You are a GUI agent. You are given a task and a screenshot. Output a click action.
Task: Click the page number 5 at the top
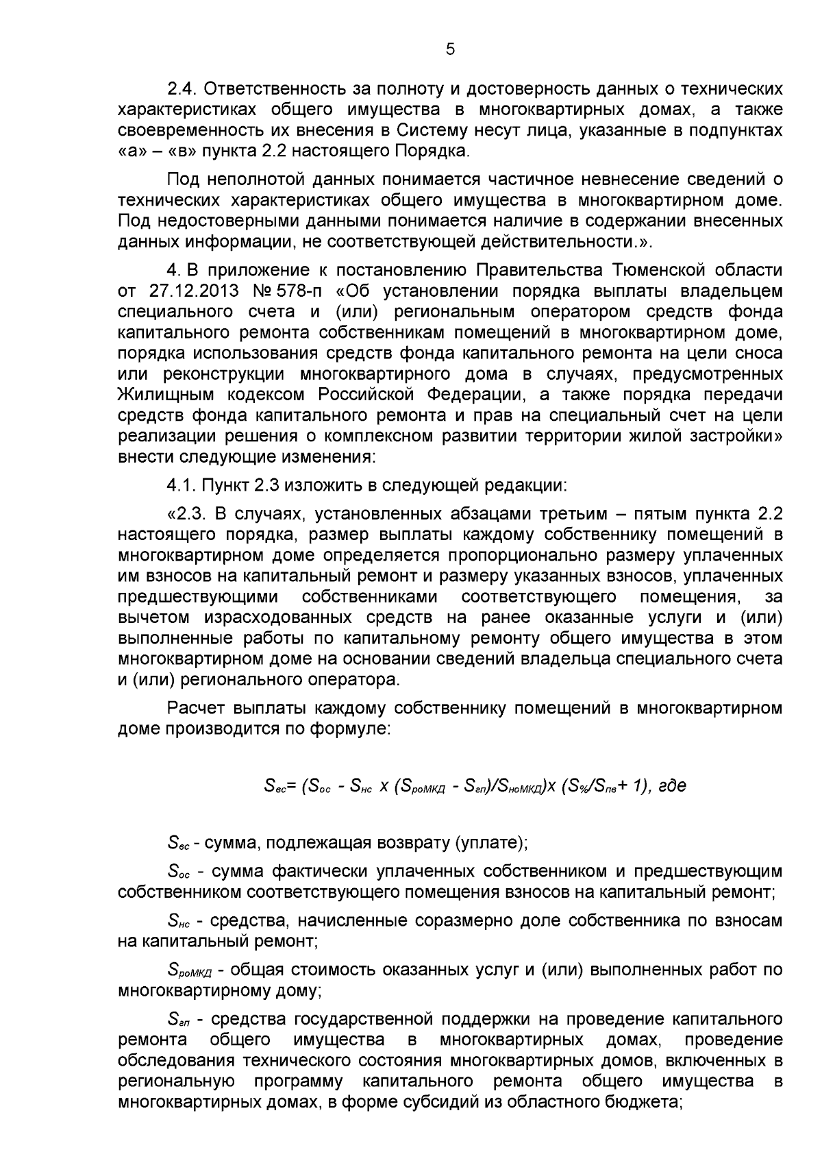pyautogui.click(x=450, y=49)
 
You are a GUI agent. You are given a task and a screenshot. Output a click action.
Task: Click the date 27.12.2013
pyautogui.click(x=194, y=291)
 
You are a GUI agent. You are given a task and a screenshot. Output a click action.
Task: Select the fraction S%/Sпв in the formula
pyautogui.click(x=594, y=786)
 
